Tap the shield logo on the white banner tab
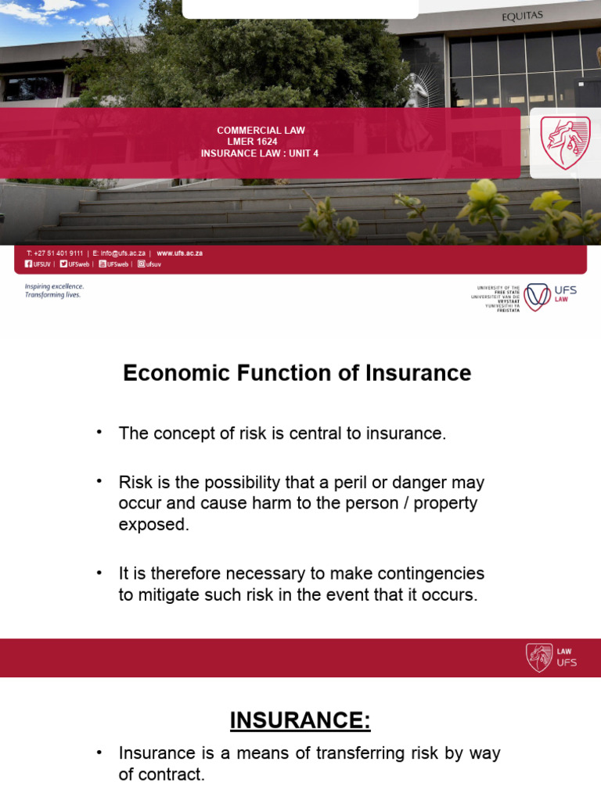[x=565, y=143]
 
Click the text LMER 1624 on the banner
[x=261, y=142]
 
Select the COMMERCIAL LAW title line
[x=261, y=131]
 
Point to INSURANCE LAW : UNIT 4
[x=260, y=153]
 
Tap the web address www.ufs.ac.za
[x=179, y=253]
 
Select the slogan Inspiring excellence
[x=54, y=286]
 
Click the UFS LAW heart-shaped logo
[x=537, y=296]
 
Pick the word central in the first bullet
[x=304, y=433]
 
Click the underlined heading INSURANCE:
[x=300, y=720]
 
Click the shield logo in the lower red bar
[x=539, y=657]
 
